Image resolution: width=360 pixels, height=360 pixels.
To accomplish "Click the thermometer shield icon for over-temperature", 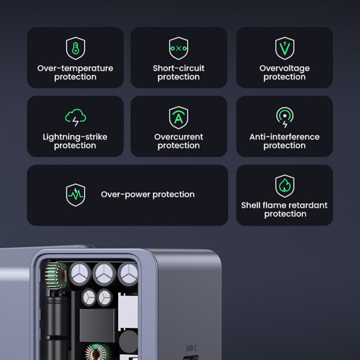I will [x=75, y=48].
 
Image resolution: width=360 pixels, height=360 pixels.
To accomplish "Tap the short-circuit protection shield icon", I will [x=179, y=48].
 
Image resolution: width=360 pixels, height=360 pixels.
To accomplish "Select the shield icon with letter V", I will [x=284, y=48].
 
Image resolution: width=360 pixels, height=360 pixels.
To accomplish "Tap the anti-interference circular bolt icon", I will [x=284, y=117].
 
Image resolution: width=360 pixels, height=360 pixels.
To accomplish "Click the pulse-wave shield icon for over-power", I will [x=75, y=195].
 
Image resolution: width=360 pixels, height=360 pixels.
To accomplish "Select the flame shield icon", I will [x=284, y=186].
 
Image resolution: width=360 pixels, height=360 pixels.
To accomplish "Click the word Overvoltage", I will [x=284, y=68].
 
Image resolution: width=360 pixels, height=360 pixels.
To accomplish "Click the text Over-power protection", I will [x=148, y=194].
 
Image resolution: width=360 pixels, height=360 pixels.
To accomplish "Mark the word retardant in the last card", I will [x=308, y=205].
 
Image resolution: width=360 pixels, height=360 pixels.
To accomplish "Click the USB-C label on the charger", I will [x=191, y=348].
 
